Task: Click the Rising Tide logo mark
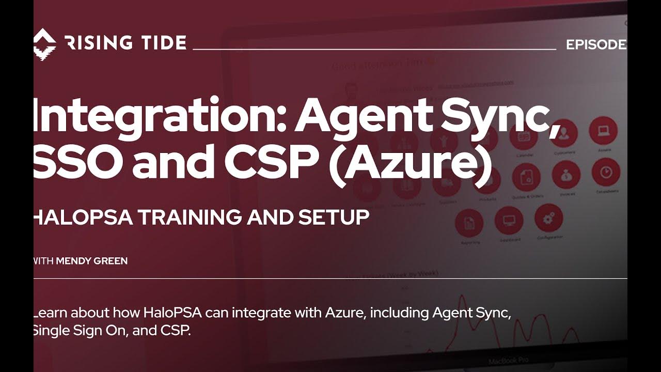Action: pyautogui.click(x=44, y=42)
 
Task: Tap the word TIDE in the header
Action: pyautogui.click(x=160, y=43)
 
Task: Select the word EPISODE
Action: pyautogui.click(x=596, y=45)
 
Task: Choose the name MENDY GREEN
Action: pyautogui.click(x=91, y=261)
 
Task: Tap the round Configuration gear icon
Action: pyautogui.click(x=548, y=219)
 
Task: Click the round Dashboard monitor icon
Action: pyautogui.click(x=509, y=221)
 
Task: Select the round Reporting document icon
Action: pyautogui.click(x=469, y=224)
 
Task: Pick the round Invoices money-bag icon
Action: pyautogui.click(x=566, y=175)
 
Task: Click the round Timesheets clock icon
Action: pyautogui.click(x=606, y=172)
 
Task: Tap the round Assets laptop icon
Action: pyautogui.click(x=603, y=130)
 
